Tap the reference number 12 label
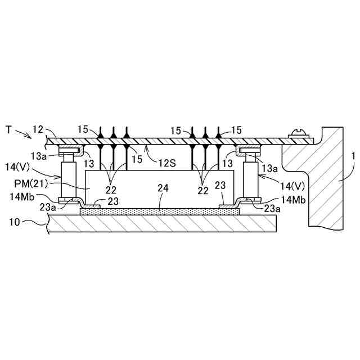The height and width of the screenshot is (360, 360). (37, 130)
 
